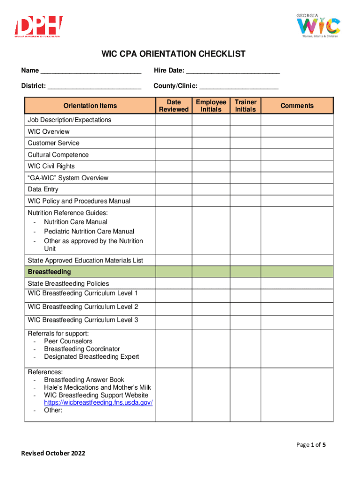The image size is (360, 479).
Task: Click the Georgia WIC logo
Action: click(318, 26)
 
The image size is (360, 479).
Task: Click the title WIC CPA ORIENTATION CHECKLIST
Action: click(173, 54)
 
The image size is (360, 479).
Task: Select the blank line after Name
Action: click(91, 71)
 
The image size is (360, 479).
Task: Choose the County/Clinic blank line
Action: click(239, 86)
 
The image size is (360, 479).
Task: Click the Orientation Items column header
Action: click(90, 106)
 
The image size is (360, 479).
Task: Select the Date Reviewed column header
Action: click(173, 106)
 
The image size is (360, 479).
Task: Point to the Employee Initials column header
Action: click(211, 106)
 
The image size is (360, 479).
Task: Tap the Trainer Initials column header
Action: click(245, 106)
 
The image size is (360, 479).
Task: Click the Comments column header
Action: click(297, 106)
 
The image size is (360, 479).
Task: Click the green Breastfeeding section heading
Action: click(49, 272)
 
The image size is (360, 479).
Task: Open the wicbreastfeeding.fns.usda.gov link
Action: click(98, 403)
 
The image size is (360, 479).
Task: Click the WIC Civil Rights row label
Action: click(51, 166)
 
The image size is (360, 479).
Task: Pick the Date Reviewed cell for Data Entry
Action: click(173, 189)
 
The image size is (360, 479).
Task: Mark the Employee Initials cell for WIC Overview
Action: click(211, 131)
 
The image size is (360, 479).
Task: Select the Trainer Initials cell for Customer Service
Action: click(245, 143)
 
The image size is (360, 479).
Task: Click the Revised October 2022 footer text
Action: click(53, 453)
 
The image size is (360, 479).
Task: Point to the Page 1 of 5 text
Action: click(311, 445)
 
